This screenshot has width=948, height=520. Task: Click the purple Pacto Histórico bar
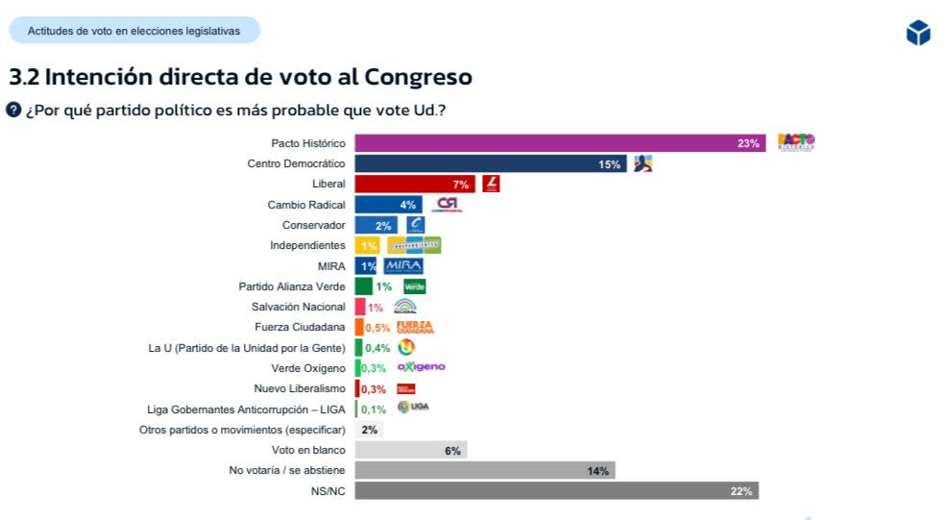click(557, 143)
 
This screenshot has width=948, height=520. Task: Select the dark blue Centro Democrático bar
click(490, 164)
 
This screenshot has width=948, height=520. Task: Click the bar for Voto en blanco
click(410, 450)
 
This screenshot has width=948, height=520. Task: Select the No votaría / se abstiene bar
click(484, 470)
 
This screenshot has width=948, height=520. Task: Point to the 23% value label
click(748, 143)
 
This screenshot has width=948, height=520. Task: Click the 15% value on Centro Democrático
click(609, 164)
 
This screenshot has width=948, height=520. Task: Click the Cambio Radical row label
click(305, 205)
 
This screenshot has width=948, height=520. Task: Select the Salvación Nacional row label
click(298, 307)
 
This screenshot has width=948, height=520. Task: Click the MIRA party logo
click(402, 266)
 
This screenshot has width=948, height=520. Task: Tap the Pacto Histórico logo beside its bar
click(795, 142)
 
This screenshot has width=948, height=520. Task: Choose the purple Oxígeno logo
click(421, 367)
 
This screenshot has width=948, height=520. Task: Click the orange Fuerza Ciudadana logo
click(414, 327)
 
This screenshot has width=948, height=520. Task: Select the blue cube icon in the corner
click(918, 33)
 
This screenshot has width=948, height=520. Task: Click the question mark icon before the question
click(13, 110)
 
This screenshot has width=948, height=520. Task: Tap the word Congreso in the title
click(416, 76)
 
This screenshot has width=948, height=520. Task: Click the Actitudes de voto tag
click(134, 31)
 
